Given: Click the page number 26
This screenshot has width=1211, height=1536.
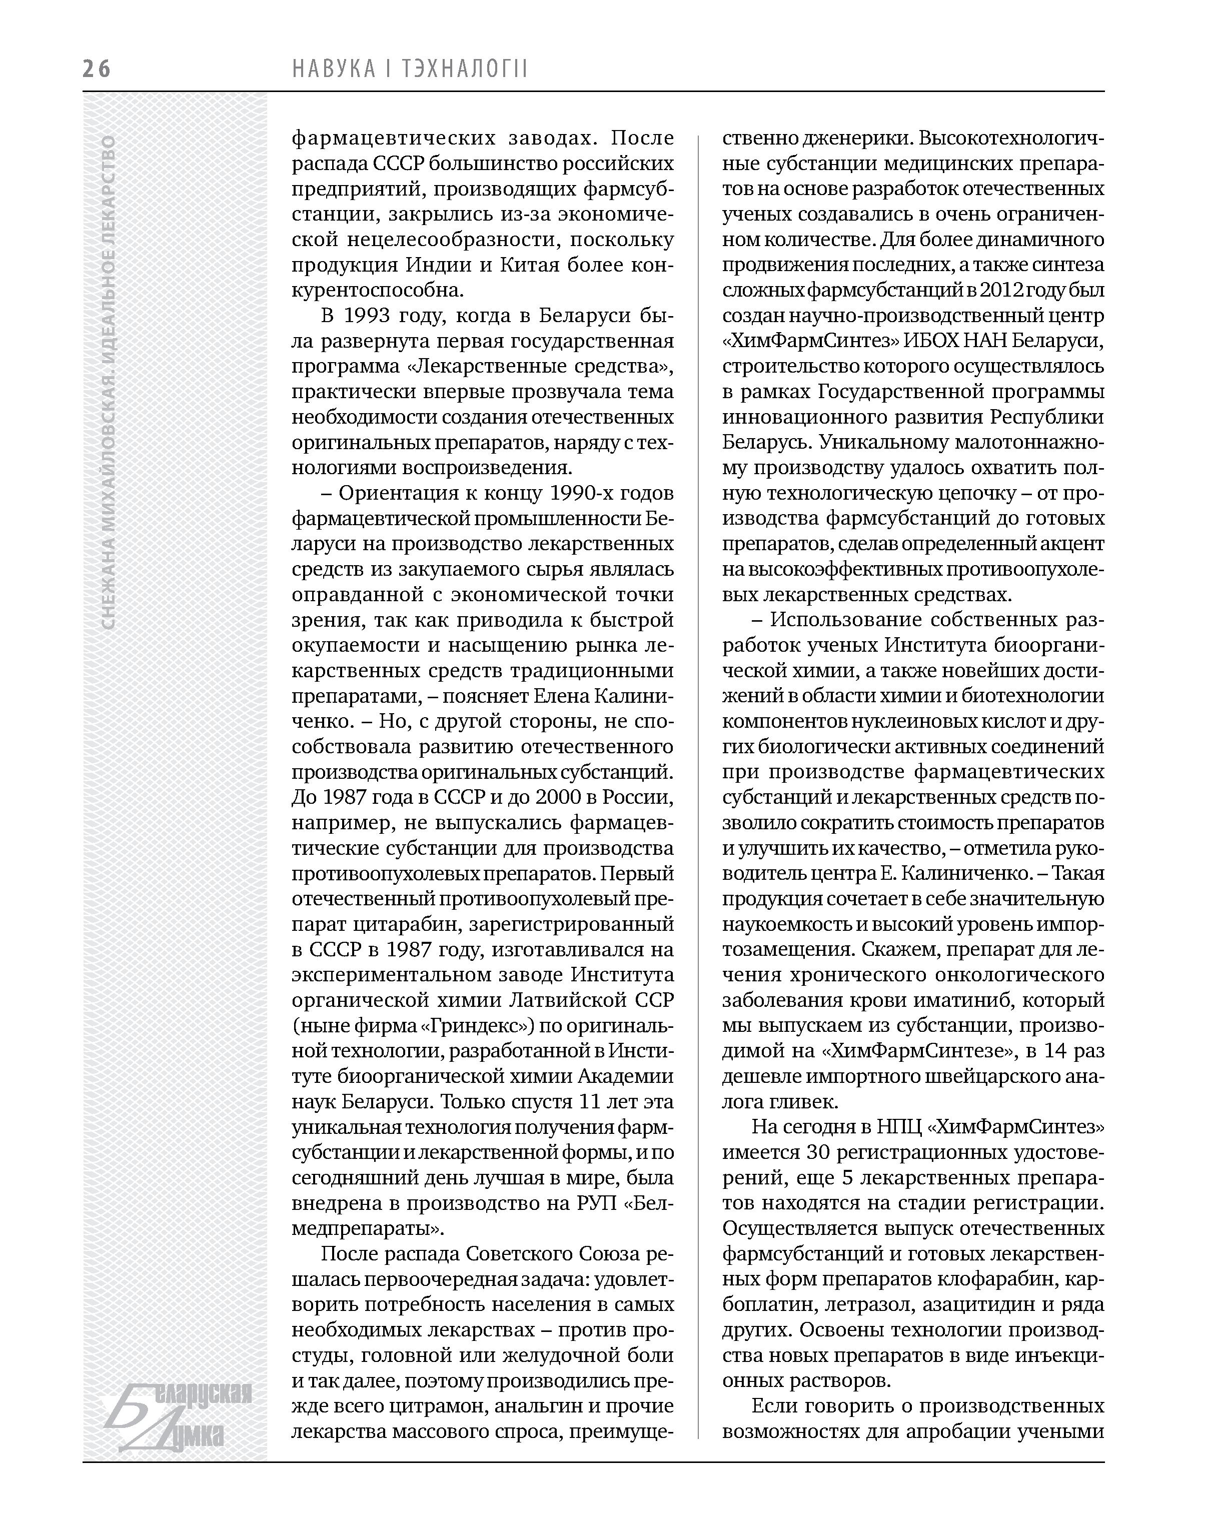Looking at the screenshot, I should click(97, 69).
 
